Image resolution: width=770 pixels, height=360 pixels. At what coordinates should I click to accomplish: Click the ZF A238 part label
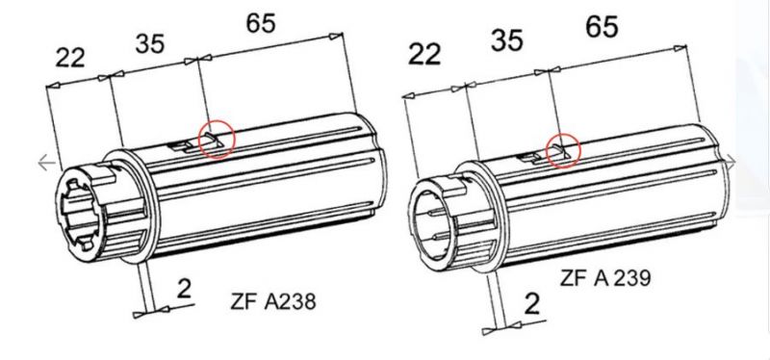click(x=272, y=301)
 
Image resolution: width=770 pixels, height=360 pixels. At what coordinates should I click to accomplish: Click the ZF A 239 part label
click(x=605, y=278)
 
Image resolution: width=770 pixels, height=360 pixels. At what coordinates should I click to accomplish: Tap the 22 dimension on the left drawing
click(x=70, y=58)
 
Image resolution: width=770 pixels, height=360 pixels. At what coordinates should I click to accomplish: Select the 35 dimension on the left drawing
click(x=150, y=43)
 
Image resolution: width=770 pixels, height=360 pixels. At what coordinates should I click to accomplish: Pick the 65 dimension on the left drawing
click(x=260, y=23)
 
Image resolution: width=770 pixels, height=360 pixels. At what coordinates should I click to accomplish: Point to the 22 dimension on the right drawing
click(x=424, y=54)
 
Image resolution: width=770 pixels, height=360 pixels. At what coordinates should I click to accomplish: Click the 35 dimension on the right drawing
click(x=507, y=39)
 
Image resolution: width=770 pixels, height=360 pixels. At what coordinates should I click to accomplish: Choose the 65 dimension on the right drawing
click(x=602, y=27)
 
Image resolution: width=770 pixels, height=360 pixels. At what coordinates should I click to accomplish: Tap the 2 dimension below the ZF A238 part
click(x=184, y=290)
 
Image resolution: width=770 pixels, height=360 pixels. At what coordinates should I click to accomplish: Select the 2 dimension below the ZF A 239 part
click(x=532, y=304)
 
